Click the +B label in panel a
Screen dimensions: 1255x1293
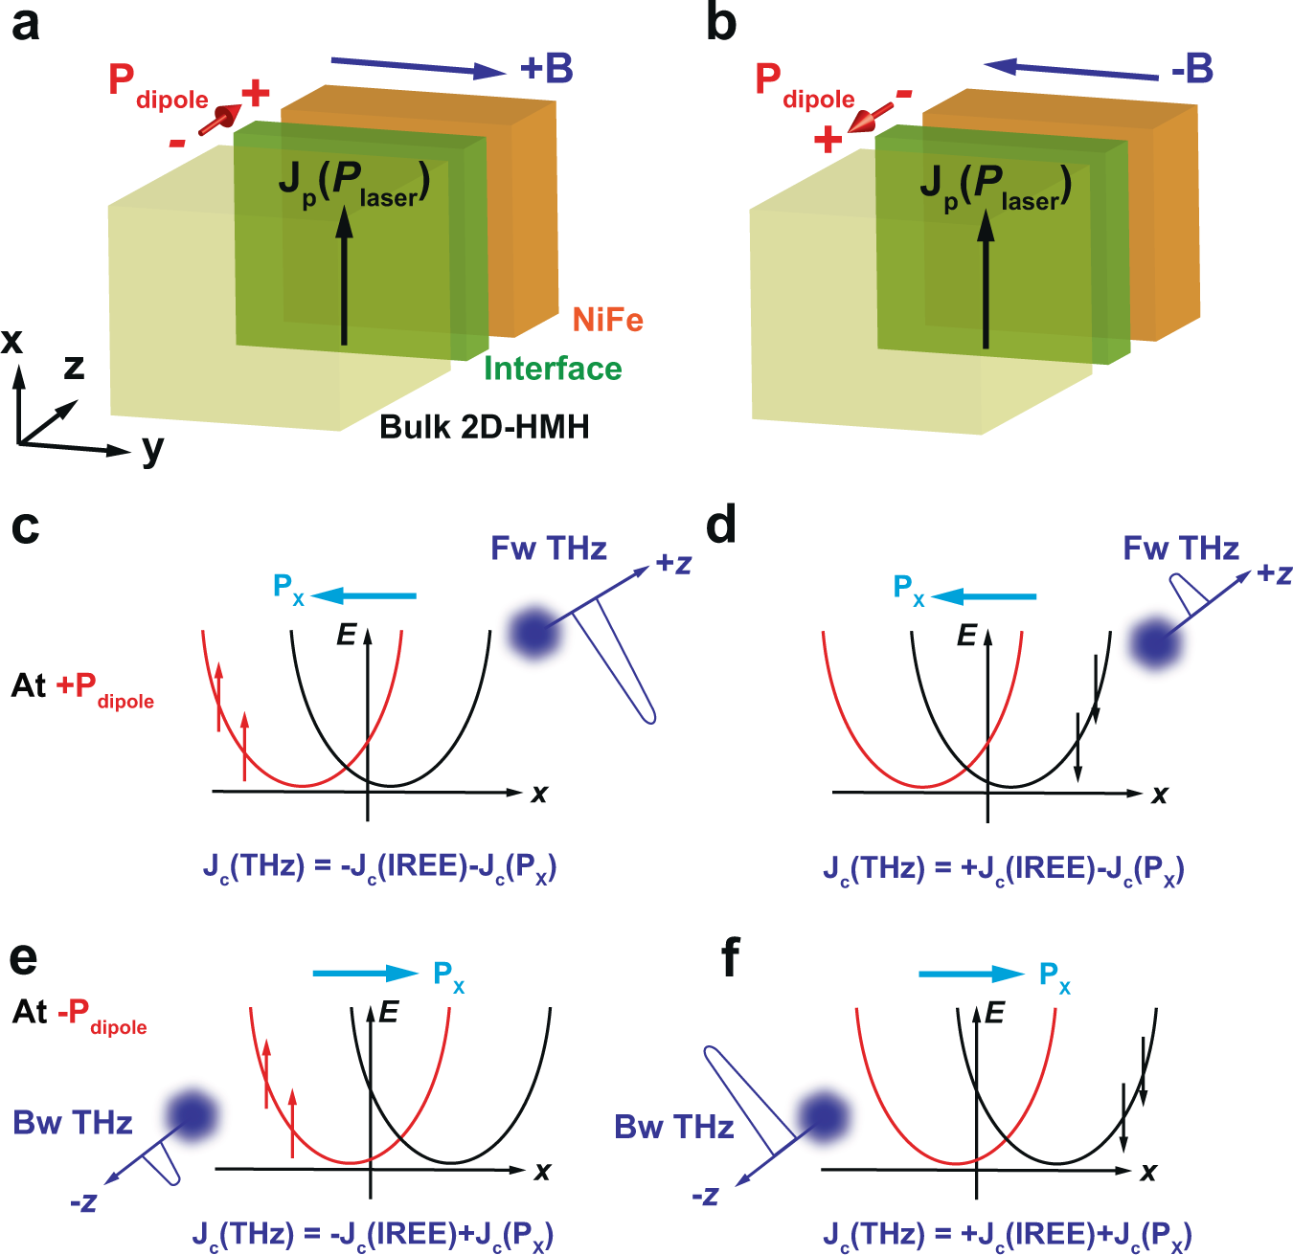(546, 69)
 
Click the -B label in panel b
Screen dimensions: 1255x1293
(1191, 69)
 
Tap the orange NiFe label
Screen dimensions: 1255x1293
(607, 320)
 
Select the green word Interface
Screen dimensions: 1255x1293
(553, 369)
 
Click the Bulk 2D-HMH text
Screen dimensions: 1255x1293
(484, 426)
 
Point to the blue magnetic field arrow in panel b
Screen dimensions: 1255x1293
(1071, 71)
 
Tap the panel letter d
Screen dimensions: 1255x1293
(721, 527)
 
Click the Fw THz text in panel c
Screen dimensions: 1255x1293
(549, 549)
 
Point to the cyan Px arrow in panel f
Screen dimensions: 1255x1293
(970, 975)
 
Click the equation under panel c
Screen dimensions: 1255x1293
(379, 867)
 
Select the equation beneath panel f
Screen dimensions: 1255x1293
(1007, 1234)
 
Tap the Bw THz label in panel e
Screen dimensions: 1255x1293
(73, 1122)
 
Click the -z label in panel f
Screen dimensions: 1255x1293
(705, 1197)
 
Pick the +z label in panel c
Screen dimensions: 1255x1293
(673, 564)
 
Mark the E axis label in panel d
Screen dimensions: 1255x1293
(967, 635)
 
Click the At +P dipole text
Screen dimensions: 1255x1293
(82, 688)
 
